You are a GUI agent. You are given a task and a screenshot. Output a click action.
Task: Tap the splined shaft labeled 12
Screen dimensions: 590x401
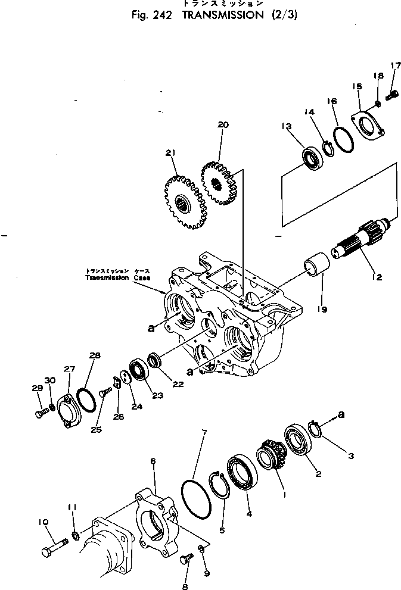click(x=363, y=242)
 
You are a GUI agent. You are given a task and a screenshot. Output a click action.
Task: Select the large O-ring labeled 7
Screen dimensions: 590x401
click(x=195, y=501)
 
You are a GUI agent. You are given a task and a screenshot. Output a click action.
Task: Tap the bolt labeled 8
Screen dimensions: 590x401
click(x=187, y=558)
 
